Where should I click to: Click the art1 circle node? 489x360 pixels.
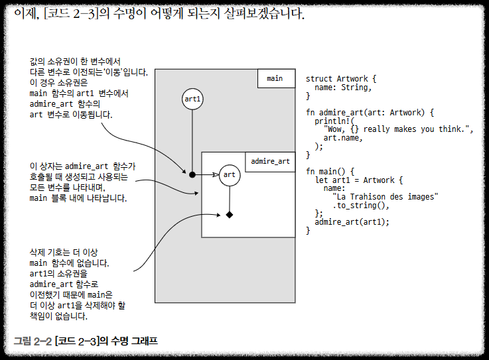[x=192, y=99]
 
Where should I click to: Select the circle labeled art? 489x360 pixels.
[x=229, y=175]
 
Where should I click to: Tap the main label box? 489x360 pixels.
[x=275, y=78]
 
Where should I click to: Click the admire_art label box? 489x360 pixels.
[x=270, y=161]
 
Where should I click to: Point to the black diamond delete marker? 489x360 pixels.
[x=230, y=215]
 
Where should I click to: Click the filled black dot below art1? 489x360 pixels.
[x=192, y=175]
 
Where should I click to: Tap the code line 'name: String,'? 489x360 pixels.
[x=342, y=88]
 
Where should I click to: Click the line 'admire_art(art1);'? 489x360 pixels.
[x=352, y=222]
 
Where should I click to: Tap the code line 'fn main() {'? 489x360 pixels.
[x=330, y=171]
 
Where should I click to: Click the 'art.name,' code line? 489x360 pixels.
[x=344, y=138]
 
